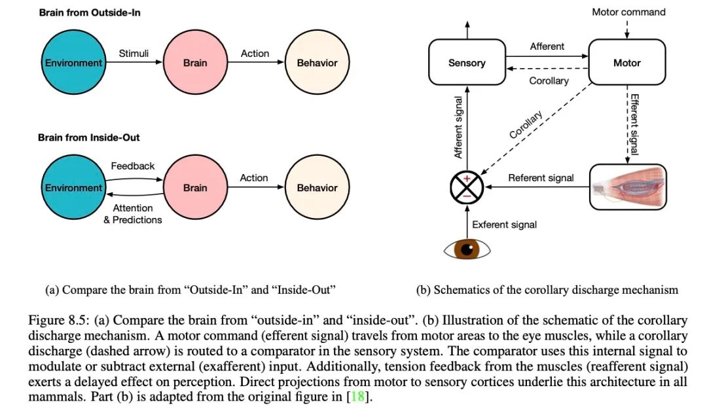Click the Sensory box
pos(467,62)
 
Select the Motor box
pos(626,62)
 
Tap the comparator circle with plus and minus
pos(467,187)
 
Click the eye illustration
pos(467,249)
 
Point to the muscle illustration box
pos(628,187)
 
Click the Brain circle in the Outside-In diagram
pos(195,62)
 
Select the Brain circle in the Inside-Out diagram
pos(195,187)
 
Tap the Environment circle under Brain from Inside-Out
pos(73,187)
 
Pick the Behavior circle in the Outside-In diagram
pos(317,62)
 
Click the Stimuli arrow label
pos(134,54)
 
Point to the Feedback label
pos(132,166)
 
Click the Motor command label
pos(628,12)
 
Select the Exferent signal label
pos(504,225)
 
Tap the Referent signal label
pos(541,178)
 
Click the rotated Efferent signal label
pos(634,124)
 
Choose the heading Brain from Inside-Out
pos(89,137)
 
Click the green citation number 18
pos(357,397)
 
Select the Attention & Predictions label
pos(132,214)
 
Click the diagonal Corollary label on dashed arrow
pos(526,124)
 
